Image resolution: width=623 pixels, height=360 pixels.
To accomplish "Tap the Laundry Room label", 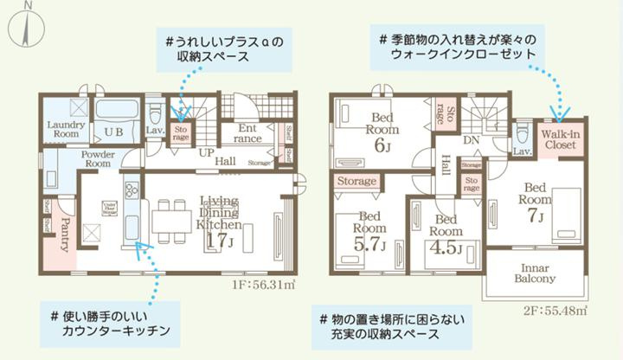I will click(x=64, y=129).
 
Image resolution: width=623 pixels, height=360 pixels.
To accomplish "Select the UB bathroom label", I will click(x=113, y=132).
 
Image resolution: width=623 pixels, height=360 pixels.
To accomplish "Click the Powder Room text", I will click(x=101, y=158).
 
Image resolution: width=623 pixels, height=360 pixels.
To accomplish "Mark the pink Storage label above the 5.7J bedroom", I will click(x=356, y=181).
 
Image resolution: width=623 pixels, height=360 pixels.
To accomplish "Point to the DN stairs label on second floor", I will click(x=472, y=140).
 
